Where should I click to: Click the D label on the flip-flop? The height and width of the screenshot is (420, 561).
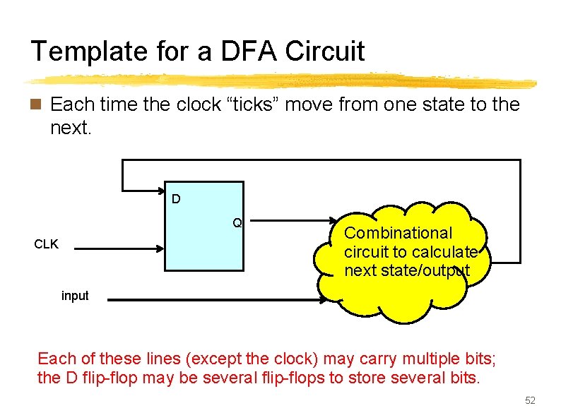click(176, 199)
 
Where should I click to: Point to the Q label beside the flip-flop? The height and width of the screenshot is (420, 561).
click(238, 223)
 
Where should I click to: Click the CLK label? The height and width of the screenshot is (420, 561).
click(47, 245)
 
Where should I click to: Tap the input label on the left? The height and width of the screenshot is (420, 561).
click(75, 296)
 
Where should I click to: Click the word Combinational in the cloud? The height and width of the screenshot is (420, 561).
click(398, 233)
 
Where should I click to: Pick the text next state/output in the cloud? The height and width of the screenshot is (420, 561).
click(407, 271)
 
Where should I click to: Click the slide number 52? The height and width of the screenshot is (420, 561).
click(530, 401)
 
